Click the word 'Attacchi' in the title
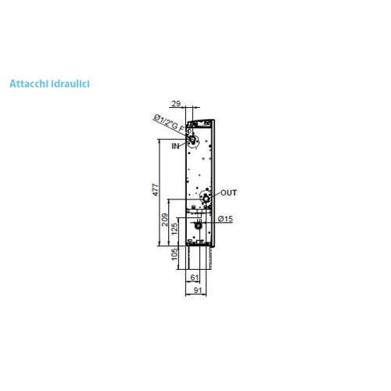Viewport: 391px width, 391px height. [x=30, y=81]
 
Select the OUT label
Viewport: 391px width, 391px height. [x=228, y=192]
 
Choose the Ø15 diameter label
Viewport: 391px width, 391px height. [x=225, y=219]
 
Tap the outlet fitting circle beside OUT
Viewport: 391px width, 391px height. [x=205, y=198]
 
